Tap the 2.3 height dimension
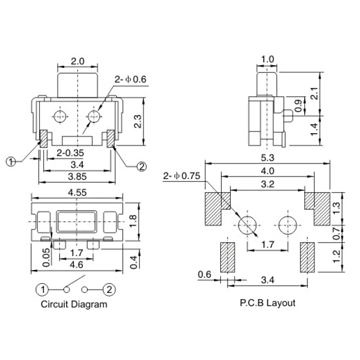coord(139,121)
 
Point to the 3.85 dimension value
coord(77,176)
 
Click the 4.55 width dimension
coord(77,192)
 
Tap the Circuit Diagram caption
coord(74,304)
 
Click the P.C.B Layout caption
coord(267,303)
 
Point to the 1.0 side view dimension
coord(268,59)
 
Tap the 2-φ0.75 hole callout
coord(182,175)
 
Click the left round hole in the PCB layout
coord(247,225)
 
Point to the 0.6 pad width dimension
coord(205,274)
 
